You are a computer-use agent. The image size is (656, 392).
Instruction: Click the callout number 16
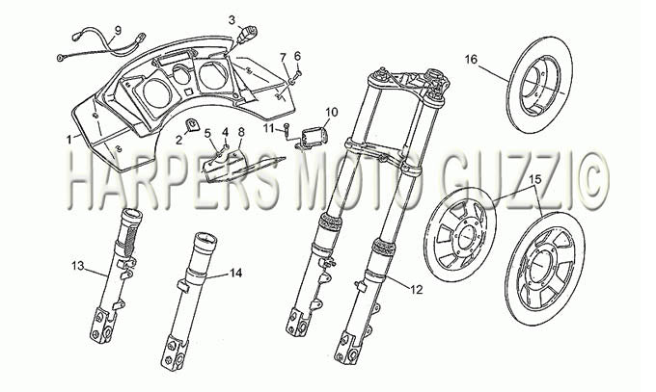click(471, 60)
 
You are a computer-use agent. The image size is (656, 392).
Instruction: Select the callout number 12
click(417, 289)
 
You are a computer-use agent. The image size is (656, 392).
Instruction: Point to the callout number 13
click(78, 266)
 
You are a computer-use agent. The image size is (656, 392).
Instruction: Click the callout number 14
click(235, 274)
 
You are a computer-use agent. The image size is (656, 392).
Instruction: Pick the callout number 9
click(118, 30)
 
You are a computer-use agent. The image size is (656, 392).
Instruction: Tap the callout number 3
click(232, 19)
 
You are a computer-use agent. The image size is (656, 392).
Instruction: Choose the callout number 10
click(332, 112)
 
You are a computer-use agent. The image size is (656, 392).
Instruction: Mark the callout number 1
click(69, 140)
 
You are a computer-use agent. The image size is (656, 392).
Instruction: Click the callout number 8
click(241, 132)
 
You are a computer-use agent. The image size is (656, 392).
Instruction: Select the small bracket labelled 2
click(193, 125)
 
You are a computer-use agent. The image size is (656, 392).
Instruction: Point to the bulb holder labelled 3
click(246, 34)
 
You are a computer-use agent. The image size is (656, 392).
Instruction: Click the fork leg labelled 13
click(115, 275)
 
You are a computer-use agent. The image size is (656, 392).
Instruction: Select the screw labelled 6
click(297, 74)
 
